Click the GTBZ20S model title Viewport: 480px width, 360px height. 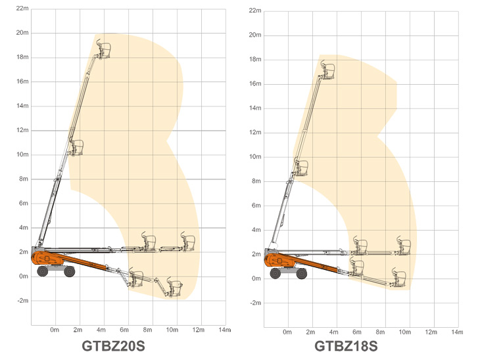[x=113, y=346]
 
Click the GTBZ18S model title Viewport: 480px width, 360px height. [x=346, y=346]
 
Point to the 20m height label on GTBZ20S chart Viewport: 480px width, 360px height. [x=22, y=33]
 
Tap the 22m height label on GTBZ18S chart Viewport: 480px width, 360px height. [x=255, y=11]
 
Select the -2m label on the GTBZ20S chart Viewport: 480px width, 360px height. [x=23, y=301]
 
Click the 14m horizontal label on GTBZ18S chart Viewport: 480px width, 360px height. [x=457, y=332]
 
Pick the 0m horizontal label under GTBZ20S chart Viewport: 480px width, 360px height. [x=55, y=330]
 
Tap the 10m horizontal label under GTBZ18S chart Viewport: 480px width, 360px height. [x=404, y=332]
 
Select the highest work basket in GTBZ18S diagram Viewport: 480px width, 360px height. [x=327, y=71]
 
